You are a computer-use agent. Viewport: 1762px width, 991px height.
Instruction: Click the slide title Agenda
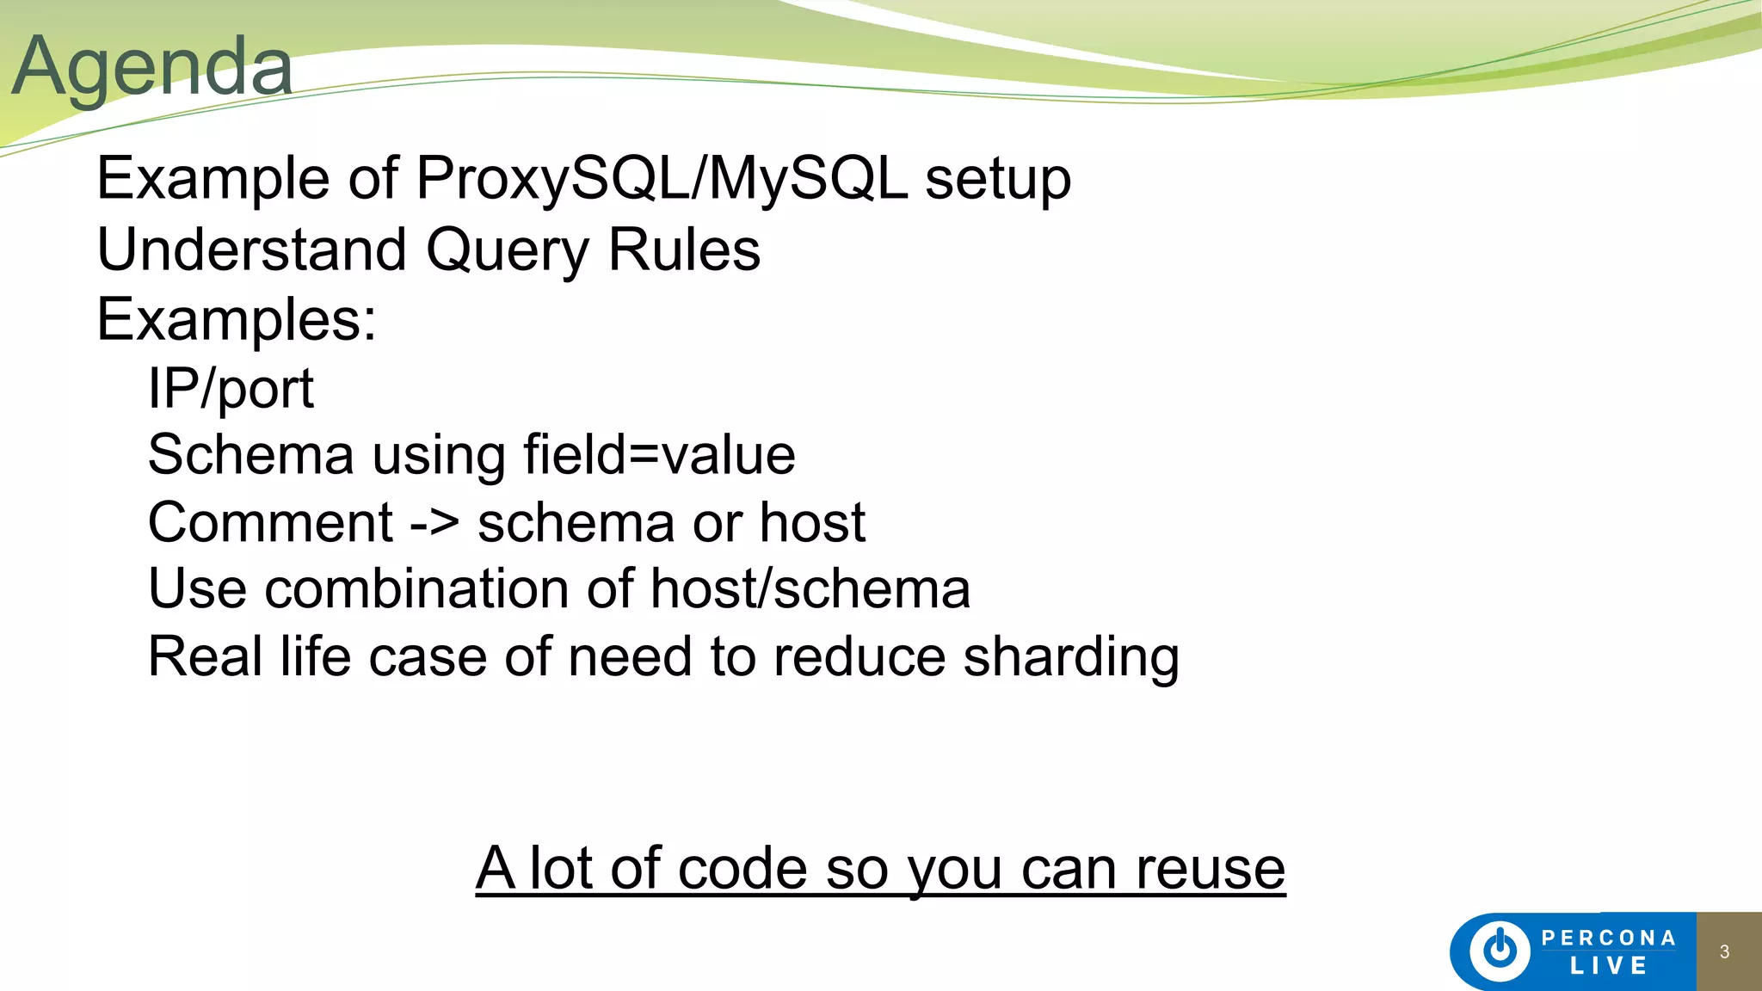click(x=152, y=67)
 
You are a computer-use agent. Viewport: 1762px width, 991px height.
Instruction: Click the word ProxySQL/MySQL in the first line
click(x=661, y=179)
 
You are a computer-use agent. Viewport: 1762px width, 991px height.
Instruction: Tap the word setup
click(x=997, y=179)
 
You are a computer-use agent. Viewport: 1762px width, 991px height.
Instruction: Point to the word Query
click(x=508, y=251)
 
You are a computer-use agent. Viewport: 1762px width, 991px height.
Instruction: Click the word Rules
click(x=684, y=249)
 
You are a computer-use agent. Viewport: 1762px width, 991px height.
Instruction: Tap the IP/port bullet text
click(x=231, y=389)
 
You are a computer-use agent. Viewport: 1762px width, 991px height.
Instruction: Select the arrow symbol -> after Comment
click(x=434, y=523)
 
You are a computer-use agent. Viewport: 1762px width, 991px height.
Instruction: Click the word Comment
click(x=270, y=522)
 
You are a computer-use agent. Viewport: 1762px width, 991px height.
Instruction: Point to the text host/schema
click(x=810, y=589)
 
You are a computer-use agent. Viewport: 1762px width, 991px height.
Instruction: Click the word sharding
click(x=1070, y=657)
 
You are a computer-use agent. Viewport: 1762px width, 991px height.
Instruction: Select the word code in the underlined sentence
click(x=742, y=869)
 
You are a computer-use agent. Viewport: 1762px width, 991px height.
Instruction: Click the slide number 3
click(x=1724, y=951)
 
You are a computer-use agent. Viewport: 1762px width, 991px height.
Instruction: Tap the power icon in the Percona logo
click(x=1500, y=951)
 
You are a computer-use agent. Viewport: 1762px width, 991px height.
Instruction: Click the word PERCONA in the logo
click(x=1608, y=938)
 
